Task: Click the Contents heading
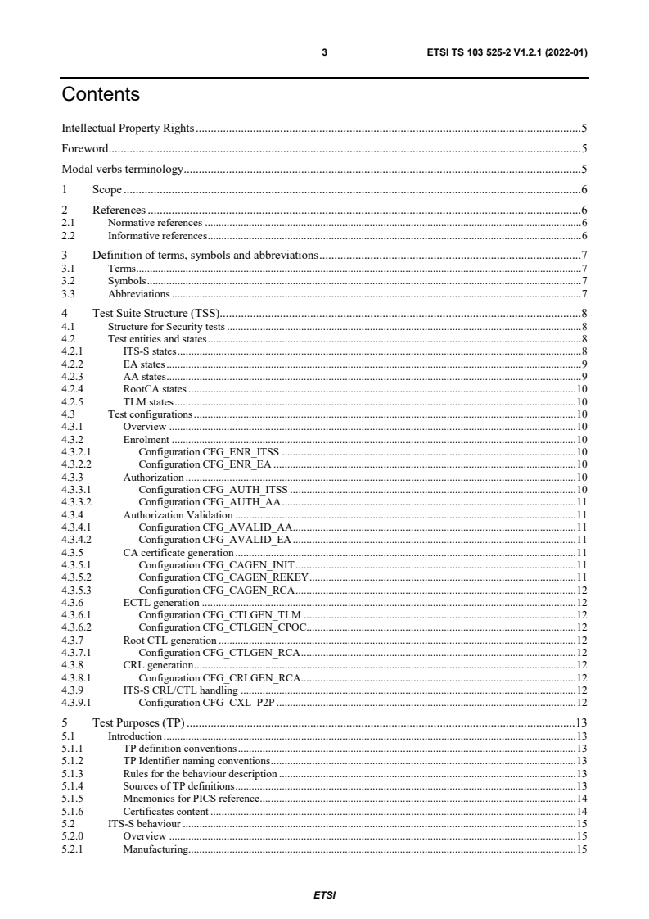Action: [101, 95]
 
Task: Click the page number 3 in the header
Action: [325, 52]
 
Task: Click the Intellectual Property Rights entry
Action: [128, 129]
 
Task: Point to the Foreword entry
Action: [85, 149]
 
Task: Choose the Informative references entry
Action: [156, 235]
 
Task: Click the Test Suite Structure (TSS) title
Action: [154, 314]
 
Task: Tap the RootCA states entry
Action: [154, 389]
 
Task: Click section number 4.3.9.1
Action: [76, 702]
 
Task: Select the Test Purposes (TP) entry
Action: [138, 722]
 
